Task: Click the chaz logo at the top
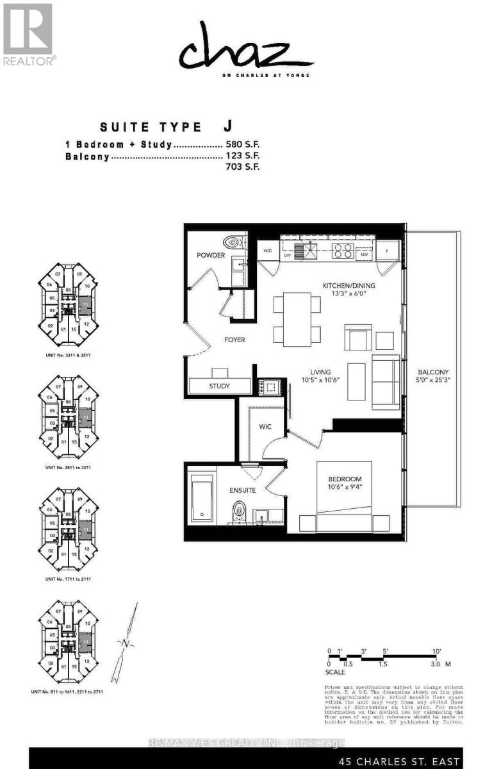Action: pyautogui.click(x=245, y=48)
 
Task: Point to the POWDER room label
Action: pyautogui.click(x=211, y=255)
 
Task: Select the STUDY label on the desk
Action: pyautogui.click(x=220, y=386)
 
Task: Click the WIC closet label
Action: pyautogui.click(x=266, y=427)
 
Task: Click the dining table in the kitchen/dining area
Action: pyautogui.click(x=297, y=318)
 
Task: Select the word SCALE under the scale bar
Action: pyautogui.click(x=336, y=672)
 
